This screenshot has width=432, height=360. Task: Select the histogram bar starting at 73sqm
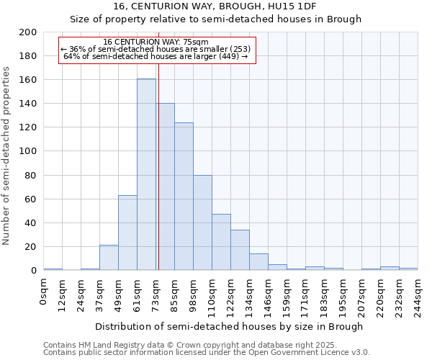(166, 187)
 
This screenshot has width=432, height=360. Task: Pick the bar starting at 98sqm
(202, 222)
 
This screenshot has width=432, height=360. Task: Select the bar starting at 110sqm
(221, 242)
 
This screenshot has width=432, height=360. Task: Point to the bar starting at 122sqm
(240, 250)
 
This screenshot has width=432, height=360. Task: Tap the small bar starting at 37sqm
(109, 258)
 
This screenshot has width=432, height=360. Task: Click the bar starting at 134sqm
(258, 262)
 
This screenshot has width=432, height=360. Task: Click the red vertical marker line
(158, 166)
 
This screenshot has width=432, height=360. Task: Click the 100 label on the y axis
(28, 151)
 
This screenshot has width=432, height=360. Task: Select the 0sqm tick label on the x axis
(43, 292)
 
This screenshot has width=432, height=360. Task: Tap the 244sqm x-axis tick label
(418, 295)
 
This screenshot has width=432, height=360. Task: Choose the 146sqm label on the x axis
(268, 295)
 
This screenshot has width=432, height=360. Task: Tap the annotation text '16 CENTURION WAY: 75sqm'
(156, 42)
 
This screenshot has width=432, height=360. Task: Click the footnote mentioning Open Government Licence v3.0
(207, 353)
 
